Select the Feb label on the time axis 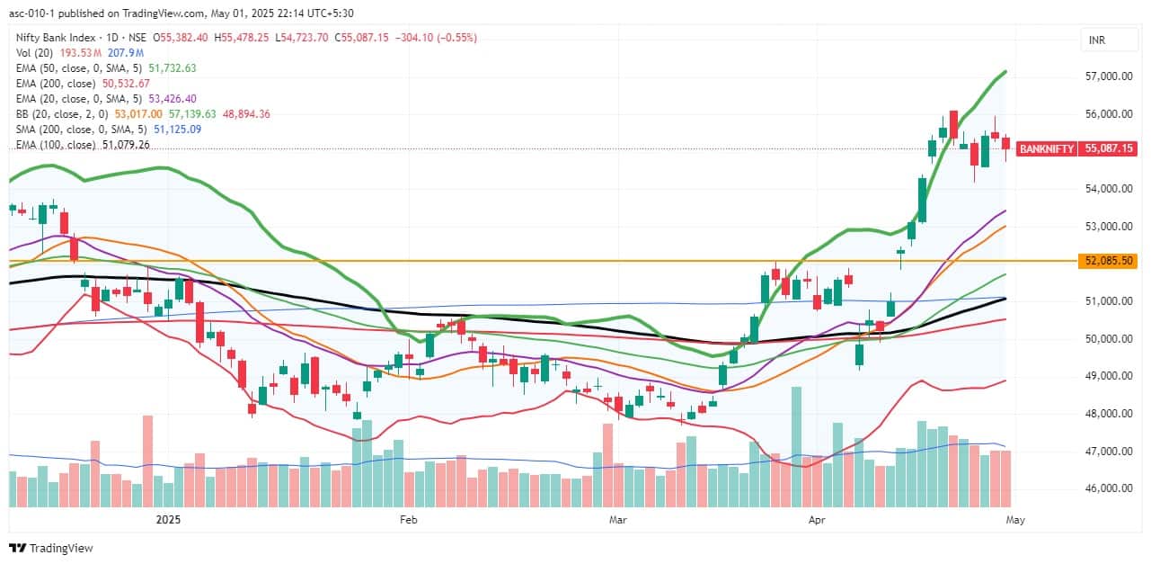pyautogui.click(x=409, y=520)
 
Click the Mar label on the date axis pyautogui.click(x=616, y=520)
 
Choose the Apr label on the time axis pyautogui.click(x=817, y=520)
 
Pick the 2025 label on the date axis pyautogui.click(x=168, y=520)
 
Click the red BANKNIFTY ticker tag pyautogui.click(x=1046, y=148)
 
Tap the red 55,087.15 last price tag pyautogui.click(x=1110, y=148)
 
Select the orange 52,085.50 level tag pyautogui.click(x=1110, y=261)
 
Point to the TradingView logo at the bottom pyautogui.click(x=51, y=548)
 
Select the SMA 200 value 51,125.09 pyautogui.click(x=172, y=129)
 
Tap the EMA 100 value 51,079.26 pyautogui.click(x=126, y=144)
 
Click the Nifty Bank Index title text pyautogui.click(x=56, y=37)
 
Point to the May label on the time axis pyautogui.click(x=1015, y=520)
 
